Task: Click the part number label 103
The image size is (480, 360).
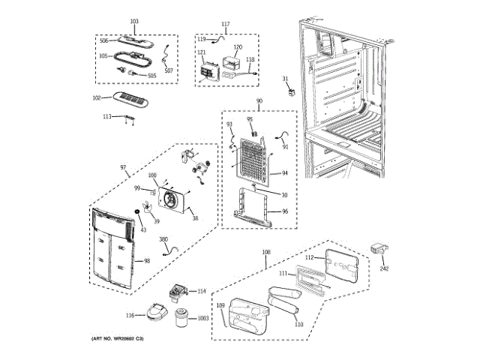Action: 135,21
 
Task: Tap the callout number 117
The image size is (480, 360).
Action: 226,24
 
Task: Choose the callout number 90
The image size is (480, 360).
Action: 259,101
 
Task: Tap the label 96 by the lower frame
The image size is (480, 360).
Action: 284,212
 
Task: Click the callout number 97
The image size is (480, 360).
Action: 123,167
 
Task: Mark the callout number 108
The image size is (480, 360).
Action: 265,253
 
